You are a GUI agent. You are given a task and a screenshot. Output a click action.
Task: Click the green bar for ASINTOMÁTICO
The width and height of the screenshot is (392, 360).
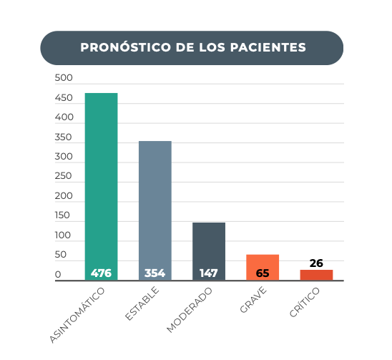click(x=102, y=187)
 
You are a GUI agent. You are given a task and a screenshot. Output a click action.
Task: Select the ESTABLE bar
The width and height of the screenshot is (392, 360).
click(x=155, y=210)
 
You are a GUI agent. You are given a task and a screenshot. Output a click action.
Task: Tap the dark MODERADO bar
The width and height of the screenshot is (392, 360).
click(x=209, y=251)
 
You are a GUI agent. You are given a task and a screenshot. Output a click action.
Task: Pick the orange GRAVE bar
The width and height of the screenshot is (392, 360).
click(x=263, y=268)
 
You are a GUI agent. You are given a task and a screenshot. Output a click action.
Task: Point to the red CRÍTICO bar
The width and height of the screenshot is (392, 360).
click(x=316, y=276)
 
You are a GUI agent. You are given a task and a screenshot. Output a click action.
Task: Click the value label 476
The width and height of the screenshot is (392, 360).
click(x=101, y=273)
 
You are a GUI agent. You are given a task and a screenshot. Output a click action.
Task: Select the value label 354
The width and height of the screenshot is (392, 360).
click(x=155, y=273)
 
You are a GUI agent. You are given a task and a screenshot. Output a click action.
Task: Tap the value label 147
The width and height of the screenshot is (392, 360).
click(x=209, y=273)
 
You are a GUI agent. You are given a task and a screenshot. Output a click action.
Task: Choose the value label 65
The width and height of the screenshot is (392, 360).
click(x=263, y=273)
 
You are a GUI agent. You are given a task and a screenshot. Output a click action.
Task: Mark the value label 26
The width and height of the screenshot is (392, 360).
click(x=316, y=263)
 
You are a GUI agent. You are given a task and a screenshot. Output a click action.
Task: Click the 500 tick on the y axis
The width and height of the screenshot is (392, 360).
click(x=64, y=77)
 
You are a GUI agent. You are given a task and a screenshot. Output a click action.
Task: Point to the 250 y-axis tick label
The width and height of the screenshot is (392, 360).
click(x=63, y=176)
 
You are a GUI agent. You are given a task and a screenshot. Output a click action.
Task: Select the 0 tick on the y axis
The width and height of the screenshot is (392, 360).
click(x=58, y=274)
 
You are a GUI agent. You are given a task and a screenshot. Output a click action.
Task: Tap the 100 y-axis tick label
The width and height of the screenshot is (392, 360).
click(x=63, y=235)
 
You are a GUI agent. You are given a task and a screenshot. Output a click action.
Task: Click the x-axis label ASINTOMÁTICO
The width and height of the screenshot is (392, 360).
click(x=77, y=315)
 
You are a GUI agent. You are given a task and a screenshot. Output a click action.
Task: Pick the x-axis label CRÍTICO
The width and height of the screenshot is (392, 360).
click(x=305, y=302)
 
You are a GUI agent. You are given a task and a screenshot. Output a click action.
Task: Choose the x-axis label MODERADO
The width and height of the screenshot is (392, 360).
click(x=190, y=310)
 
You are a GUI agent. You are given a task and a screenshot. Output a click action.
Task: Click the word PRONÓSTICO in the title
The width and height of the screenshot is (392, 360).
click(x=125, y=47)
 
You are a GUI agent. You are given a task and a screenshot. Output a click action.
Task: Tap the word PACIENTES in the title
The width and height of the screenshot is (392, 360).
click(x=268, y=47)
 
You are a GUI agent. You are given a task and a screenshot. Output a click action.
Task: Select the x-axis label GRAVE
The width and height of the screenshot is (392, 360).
click(x=253, y=300)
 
